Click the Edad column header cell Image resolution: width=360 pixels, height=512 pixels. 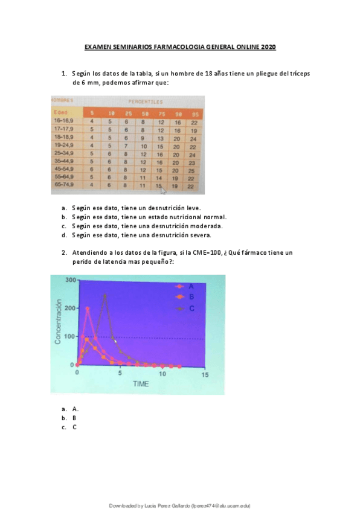60,112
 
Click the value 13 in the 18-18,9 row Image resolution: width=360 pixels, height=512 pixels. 161,138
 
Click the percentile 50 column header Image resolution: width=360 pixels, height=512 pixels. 144,113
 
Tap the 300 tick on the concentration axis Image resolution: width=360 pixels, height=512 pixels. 71,280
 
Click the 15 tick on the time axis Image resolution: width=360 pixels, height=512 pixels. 205,374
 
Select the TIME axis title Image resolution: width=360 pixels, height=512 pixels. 141,384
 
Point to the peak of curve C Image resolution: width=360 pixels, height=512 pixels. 105,295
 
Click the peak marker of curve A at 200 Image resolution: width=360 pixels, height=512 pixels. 88,308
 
